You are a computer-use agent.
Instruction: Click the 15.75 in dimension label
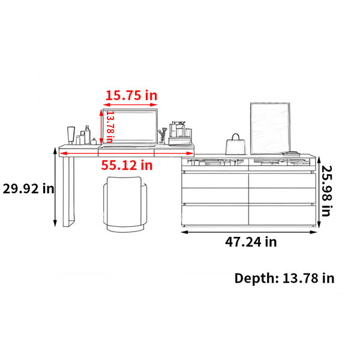pyautogui.click(x=131, y=95)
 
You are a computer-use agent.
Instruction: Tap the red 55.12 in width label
pyautogui.click(x=127, y=165)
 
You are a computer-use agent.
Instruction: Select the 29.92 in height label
pyautogui.click(x=28, y=189)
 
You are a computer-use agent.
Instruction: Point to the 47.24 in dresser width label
pyautogui.click(x=251, y=242)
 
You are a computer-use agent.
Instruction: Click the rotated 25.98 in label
pyautogui.click(x=327, y=191)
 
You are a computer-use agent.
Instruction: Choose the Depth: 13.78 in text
pyautogui.click(x=284, y=278)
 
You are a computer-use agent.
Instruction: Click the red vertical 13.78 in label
pyautogui.click(x=110, y=127)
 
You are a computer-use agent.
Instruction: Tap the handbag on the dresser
pyautogui.click(x=235, y=145)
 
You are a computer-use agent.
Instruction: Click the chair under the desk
pyautogui.click(x=125, y=204)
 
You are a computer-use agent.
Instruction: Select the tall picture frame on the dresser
pyautogui.click(x=270, y=128)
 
